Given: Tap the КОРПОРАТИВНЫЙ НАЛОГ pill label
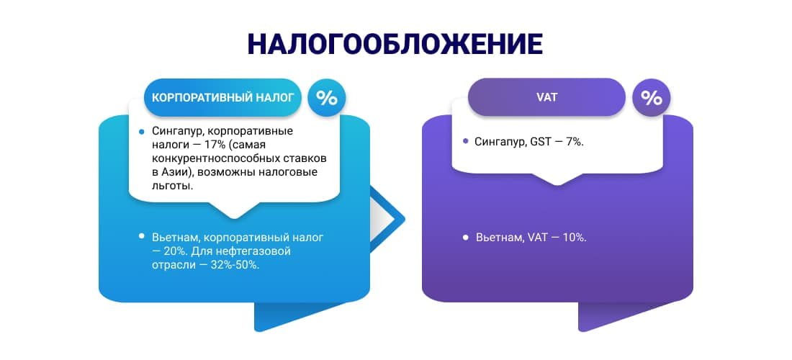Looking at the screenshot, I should [x=222, y=98].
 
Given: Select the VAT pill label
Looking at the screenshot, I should [x=546, y=97].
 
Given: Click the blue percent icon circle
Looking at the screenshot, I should [x=327, y=98].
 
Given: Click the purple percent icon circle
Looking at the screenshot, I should [x=651, y=98].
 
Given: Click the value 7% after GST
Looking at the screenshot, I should [x=574, y=142].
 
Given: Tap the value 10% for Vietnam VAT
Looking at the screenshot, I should [x=575, y=237].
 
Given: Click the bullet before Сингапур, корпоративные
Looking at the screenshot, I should [x=142, y=132].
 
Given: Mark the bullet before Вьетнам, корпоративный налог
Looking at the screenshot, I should [x=142, y=236].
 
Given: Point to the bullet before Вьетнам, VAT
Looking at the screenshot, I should [x=466, y=236].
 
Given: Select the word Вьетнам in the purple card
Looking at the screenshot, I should [x=498, y=237].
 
